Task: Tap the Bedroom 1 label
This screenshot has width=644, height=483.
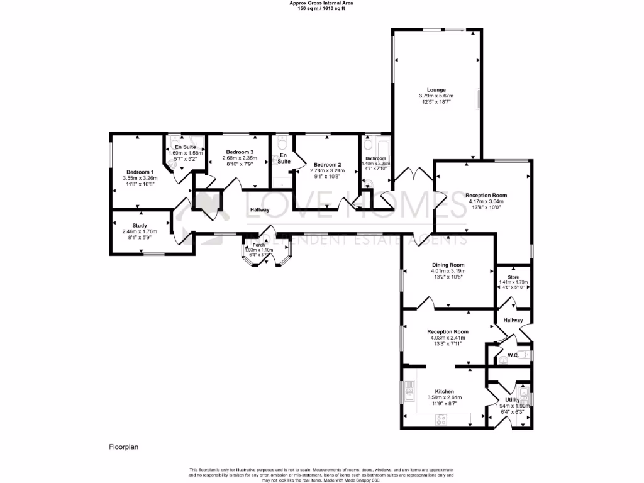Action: point(140,172)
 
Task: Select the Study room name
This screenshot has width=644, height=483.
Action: point(140,225)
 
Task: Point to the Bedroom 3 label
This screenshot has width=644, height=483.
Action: point(239,152)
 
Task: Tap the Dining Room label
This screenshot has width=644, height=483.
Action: point(447,265)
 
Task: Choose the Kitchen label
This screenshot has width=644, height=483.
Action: point(444,391)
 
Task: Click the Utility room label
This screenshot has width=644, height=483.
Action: point(512,400)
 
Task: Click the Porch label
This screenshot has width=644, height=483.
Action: point(258,245)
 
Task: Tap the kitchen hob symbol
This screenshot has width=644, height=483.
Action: point(442,419)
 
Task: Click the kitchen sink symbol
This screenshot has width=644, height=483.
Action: point(409,393)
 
